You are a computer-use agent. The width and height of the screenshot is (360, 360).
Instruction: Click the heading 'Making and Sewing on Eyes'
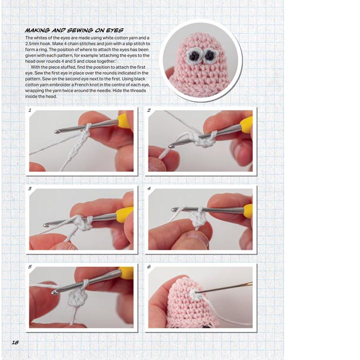[x=74, y=30]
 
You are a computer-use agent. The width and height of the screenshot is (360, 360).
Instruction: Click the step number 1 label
[x=29, y=111]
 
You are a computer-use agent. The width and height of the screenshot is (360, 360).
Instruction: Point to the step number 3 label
[x=29, y=188]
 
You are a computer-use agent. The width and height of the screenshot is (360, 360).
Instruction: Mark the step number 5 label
[x=29, y=266]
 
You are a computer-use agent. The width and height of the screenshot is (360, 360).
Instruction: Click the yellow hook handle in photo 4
[x=248, y=211]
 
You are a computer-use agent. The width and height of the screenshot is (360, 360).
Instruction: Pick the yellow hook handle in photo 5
[x=127, y=272]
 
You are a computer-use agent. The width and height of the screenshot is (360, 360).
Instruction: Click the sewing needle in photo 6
[x=226, y=288]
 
